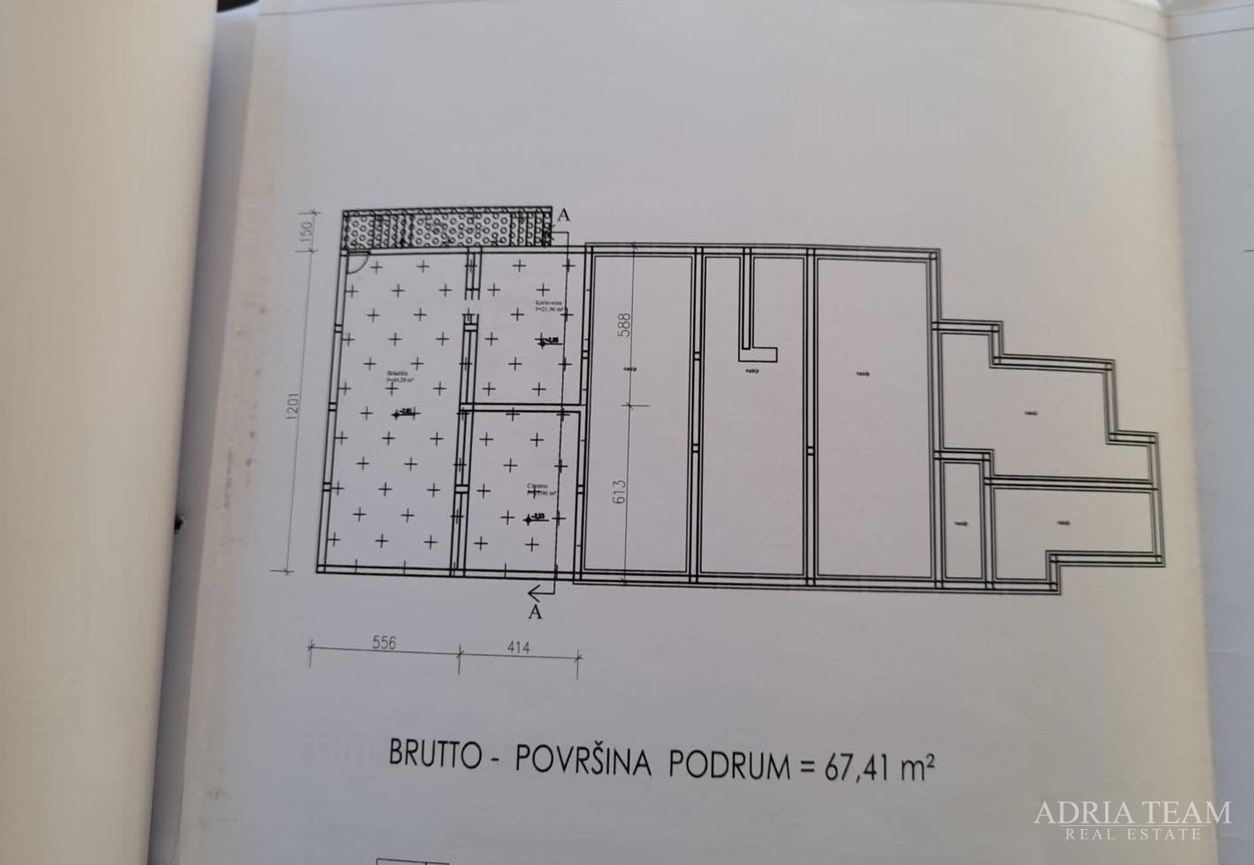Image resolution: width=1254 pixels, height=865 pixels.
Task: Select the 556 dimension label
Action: pyautogui.click(x=383, y=644)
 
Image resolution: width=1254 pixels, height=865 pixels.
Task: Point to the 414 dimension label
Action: pyautogui.click(x=518, y=646)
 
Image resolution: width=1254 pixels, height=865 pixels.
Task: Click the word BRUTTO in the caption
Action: pyautogui.click(x=433, y=754)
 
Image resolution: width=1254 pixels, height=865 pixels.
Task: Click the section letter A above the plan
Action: pyautogui.click(x=564, y=216)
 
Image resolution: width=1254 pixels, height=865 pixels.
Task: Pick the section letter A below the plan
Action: pyautogui.click(x=535, y=613)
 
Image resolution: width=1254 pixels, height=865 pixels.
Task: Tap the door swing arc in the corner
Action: pyautogui.click(x=357, y=262)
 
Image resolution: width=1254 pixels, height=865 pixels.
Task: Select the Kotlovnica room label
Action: pyautogui.click(x=550, y=304)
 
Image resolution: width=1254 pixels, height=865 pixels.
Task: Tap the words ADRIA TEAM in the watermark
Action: pyautogui.click(x=1132, y=812)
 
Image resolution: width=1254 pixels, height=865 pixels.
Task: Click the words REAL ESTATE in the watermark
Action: pyautogui.click(x=1132, y=835)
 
